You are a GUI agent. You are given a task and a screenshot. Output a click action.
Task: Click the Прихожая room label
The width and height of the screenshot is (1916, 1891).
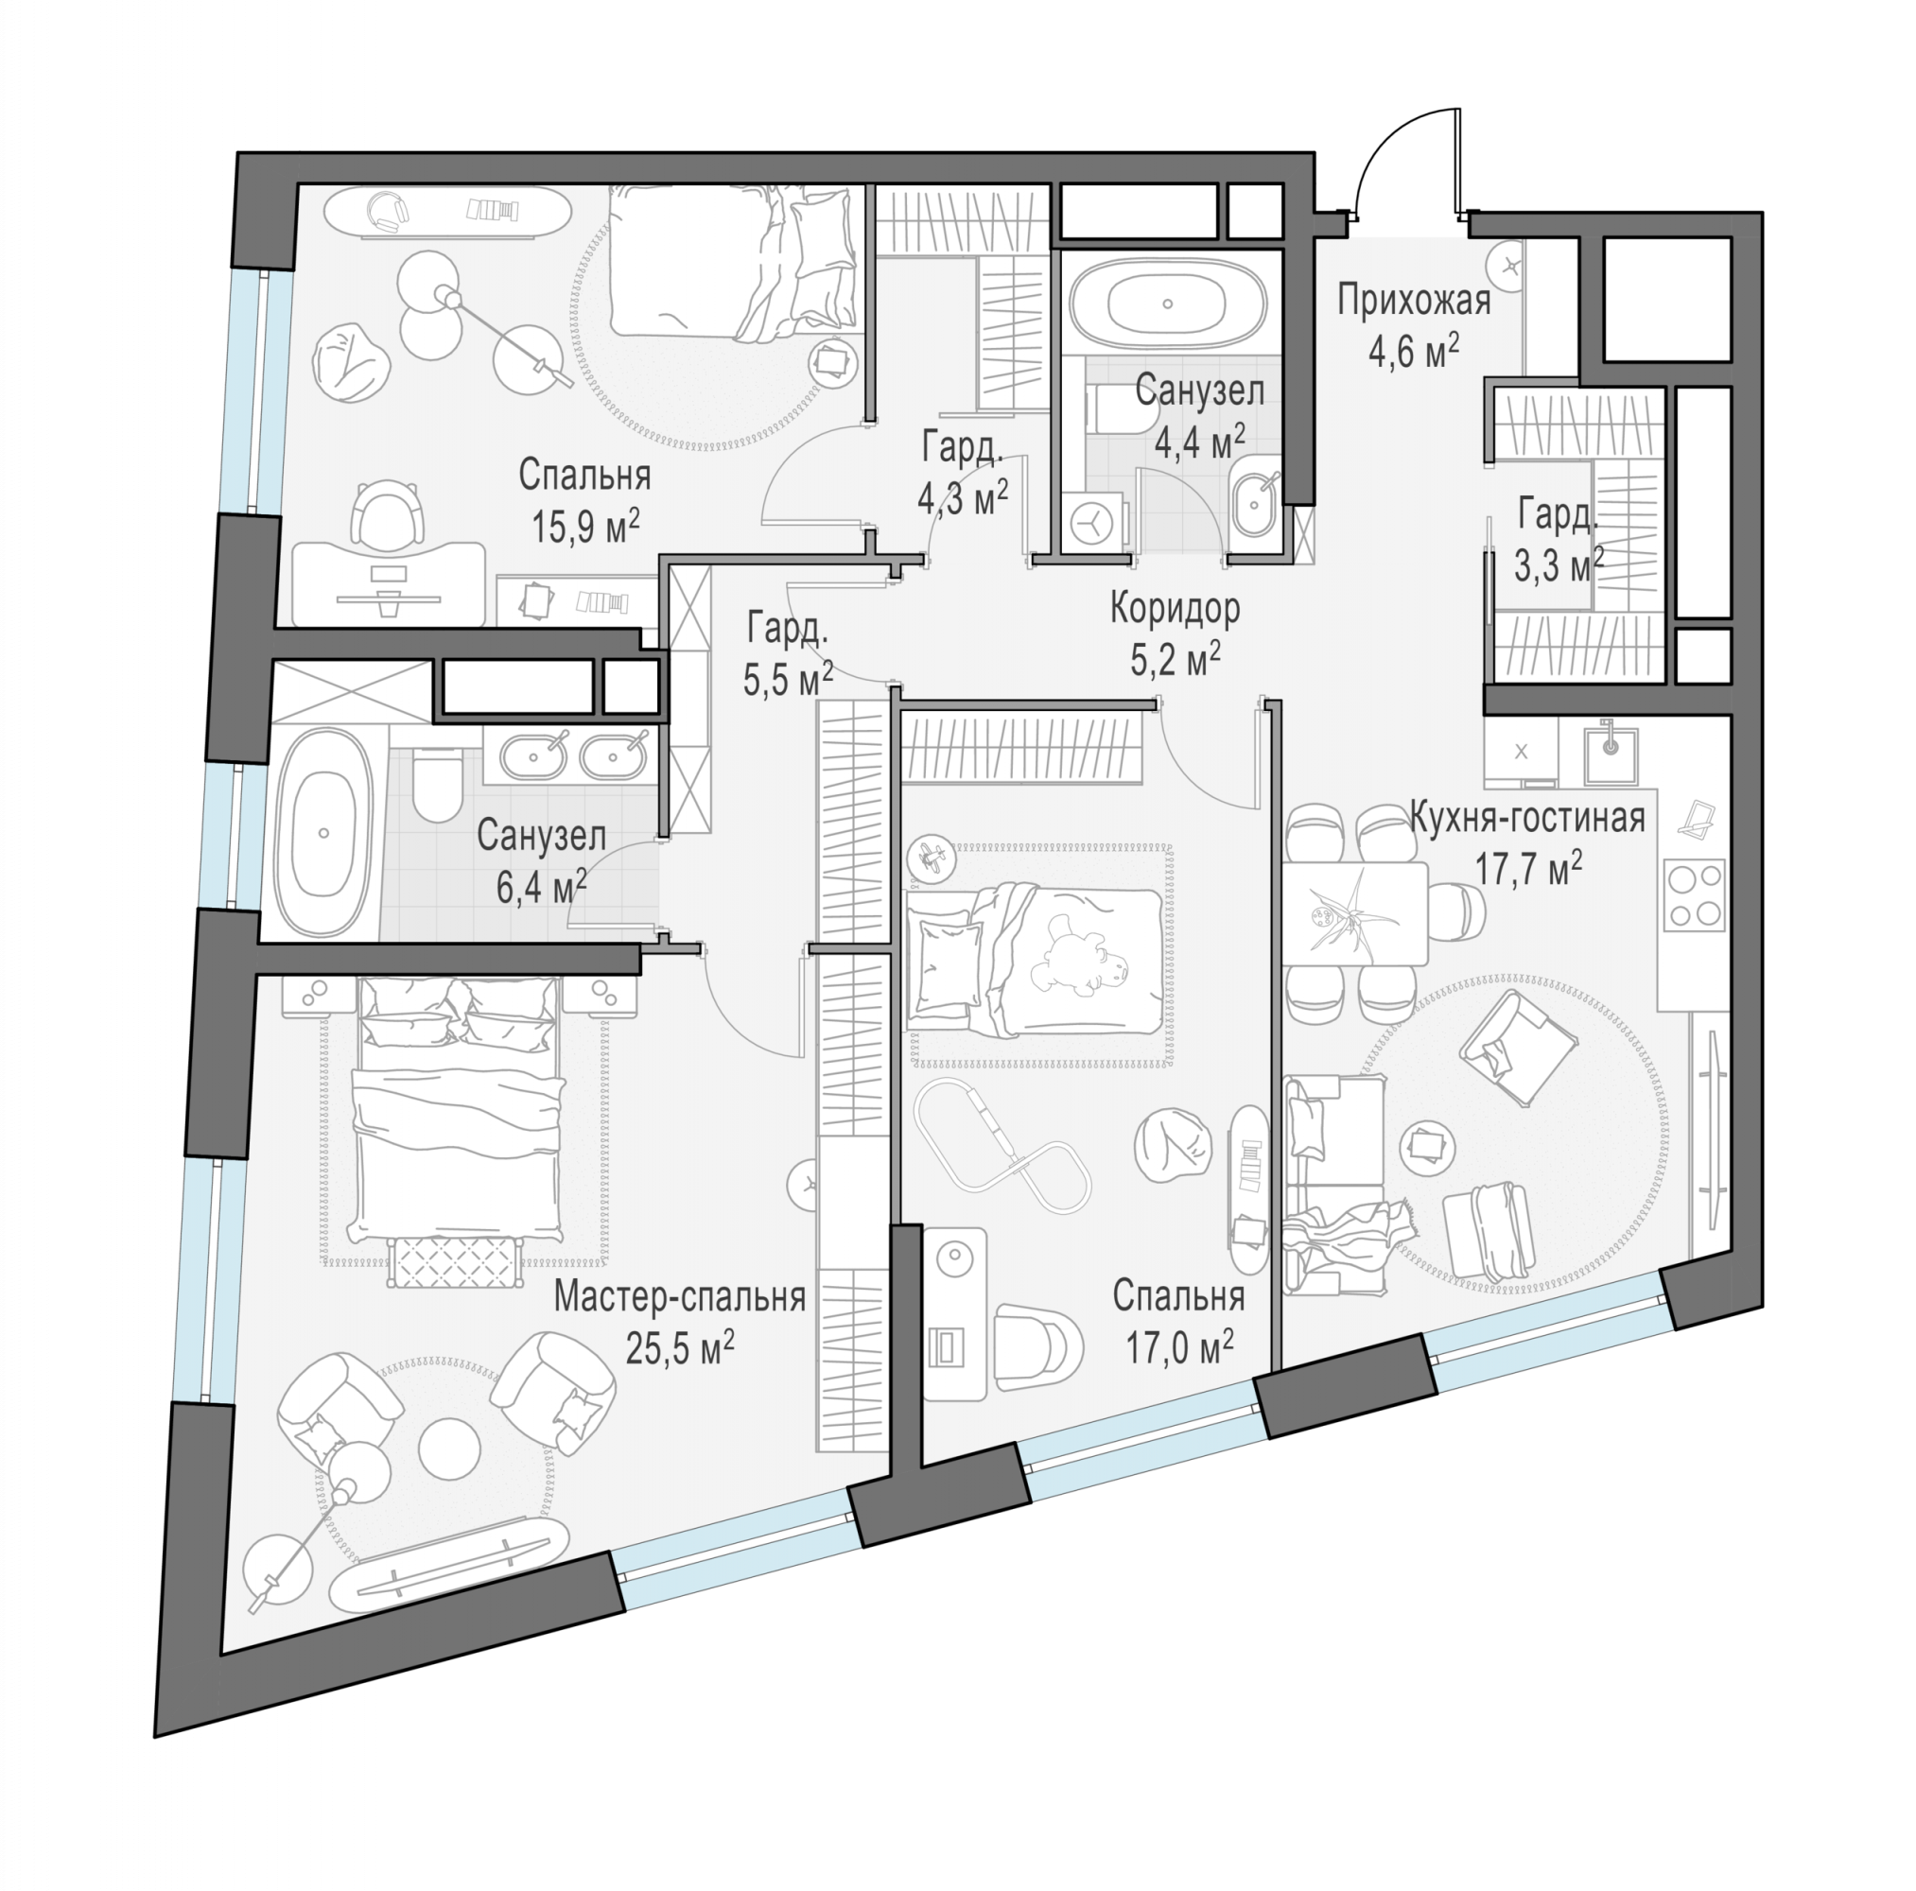point(1413,301)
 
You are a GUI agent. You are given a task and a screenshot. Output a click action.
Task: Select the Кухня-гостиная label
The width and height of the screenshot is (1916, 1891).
point(1527,819)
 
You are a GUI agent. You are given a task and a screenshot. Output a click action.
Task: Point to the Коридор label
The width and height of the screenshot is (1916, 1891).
point(1175,608)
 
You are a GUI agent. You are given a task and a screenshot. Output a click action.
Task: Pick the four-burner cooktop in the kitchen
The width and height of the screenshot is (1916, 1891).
point(1694,894)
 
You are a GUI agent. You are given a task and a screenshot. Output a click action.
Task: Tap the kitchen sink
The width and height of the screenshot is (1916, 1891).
point(1610,755)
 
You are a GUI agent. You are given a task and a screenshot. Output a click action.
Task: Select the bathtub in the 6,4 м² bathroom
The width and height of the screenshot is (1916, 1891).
point(323,833)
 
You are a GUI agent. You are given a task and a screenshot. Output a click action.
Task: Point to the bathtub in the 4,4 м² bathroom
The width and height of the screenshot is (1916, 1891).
point(1167,304)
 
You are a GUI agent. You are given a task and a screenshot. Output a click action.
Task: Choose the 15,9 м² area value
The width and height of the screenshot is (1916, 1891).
point(585,525)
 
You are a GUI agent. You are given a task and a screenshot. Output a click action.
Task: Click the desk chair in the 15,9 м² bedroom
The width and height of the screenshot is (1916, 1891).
point(389,514)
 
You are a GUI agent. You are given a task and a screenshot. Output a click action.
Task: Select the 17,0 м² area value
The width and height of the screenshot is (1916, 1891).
point(1178,1347)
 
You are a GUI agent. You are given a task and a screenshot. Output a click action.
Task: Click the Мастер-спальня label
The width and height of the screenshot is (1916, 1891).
point(679,1296)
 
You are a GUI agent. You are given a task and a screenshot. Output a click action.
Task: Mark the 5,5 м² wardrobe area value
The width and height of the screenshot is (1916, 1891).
point(788,679)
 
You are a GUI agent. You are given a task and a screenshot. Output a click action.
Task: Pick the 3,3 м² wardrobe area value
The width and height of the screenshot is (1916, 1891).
point(1558,565)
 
